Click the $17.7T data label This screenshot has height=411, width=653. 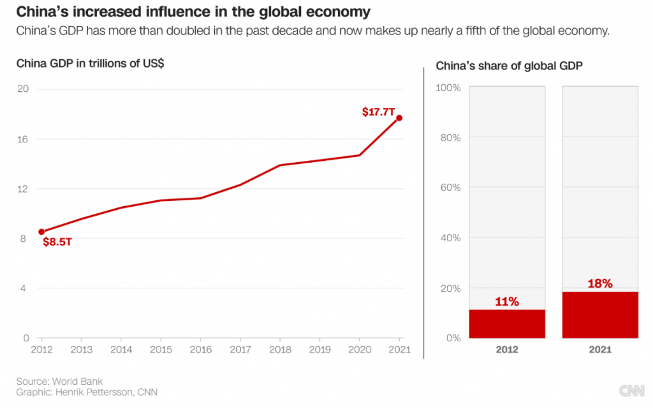pyautogui.click(x=379, y=112)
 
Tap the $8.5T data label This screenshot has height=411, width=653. pyautogui.click(x=57, y=242)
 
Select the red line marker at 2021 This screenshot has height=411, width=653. pyautogui.click(x=399, y=118)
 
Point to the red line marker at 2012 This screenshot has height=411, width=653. pyautogui.click(x=41, y=232)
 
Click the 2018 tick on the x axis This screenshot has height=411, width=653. pyautogui.click(x=279, y=349)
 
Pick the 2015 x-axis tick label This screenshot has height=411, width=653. pyautogui.click(x=160, y=349)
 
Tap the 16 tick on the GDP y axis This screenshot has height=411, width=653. pyautogui.click(x=23, y=138)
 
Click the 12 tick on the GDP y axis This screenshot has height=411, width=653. pyautogui.click(x=23, y=188)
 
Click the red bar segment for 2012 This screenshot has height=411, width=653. pyautogui.click(x=507, y=324)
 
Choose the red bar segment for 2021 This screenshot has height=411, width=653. pyautogui.click(x=600, y=315)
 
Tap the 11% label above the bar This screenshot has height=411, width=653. pyautogui.click(x=507, y=301)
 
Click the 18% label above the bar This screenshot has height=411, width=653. pyautogui.click(x=600, y=283)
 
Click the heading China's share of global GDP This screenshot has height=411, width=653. pyautogui.click(x=509, y=66)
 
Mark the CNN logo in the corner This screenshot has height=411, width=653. pyautogui.click(x=631, y=390)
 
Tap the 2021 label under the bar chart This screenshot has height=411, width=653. pyautogui.click(x=600, y=350)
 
